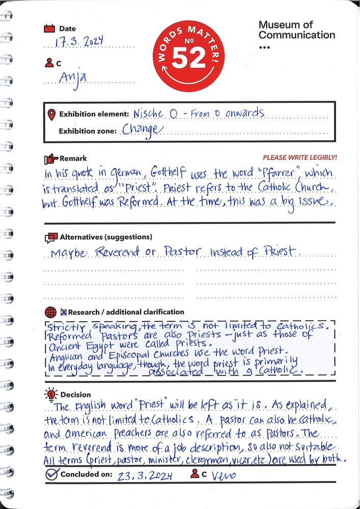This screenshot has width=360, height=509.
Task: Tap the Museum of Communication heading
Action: point(296,30)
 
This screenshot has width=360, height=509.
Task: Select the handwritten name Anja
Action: point(72,78)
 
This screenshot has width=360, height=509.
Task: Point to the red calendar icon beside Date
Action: point(49,29)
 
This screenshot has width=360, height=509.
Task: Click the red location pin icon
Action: point(51,115)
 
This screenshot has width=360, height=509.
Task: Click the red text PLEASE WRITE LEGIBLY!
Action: point(299,158)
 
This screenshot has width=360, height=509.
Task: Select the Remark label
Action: point(73,158)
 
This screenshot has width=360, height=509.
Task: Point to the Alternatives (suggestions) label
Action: point(106,237)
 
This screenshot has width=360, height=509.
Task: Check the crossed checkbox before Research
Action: point(64,312)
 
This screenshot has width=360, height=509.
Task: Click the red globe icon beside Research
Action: point(50,312)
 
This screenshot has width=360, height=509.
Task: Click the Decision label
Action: point(75,394)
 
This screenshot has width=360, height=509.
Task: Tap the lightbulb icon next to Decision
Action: point(51,394)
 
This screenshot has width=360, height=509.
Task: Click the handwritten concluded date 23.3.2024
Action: point(145,476)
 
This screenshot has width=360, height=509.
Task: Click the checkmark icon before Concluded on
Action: point(51,474)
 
